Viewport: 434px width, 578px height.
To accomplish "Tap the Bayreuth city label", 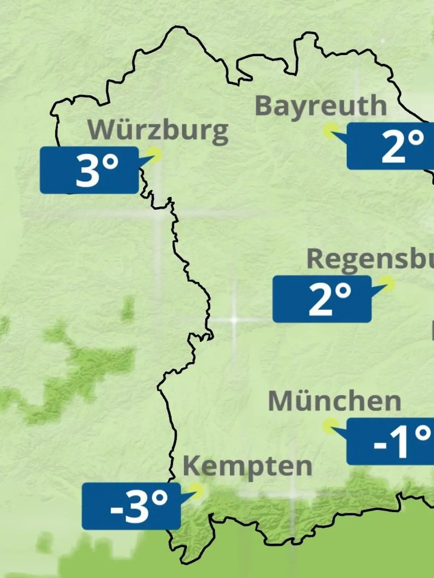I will click(x=321, y=106).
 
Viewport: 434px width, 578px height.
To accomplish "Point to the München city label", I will click(x=335, y=401).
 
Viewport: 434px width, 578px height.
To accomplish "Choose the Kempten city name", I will click(x=247, y=466).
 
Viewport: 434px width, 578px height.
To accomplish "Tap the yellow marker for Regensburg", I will click(x=387, y=283).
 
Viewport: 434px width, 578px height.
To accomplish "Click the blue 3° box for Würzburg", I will click(x=89, y=170).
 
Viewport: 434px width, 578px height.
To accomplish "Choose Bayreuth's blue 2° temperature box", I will click(x=390, y=146).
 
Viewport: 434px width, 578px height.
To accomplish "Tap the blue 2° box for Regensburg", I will click(x=322, y=299).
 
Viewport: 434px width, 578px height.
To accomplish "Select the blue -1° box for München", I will click(x=390, y=441).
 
